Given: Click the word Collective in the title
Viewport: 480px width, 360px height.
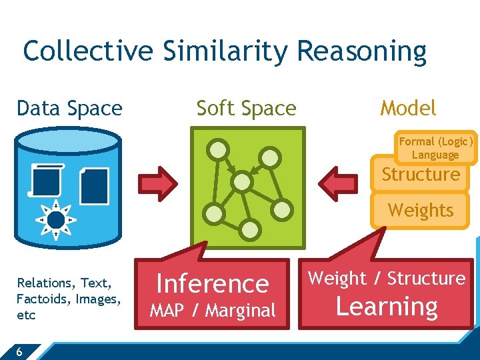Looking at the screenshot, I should tap(89, 51).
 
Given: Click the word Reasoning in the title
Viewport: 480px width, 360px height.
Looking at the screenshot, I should tap(362, 51).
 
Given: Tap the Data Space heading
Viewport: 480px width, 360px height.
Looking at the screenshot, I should tap(69, 108).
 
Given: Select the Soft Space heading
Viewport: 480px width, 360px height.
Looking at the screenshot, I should tap(246, 108).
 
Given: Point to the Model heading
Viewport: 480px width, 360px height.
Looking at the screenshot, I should tap(408, 108).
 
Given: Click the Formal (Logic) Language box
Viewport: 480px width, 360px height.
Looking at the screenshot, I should tap(435, 148).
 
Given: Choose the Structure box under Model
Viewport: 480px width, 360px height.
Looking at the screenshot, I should tap(421, 175).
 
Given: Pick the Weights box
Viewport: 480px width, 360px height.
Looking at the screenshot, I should tap(421, 211).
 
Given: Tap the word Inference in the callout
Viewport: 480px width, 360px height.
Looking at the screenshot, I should tap(213, 284).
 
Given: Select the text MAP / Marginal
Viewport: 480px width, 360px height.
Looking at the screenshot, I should tap(213, 311).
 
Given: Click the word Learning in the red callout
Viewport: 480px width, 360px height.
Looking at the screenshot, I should tap(387, 307).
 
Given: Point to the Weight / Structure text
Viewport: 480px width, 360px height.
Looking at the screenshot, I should tap(387, 279).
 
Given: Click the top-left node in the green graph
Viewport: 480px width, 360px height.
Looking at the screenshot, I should tap(217, 149).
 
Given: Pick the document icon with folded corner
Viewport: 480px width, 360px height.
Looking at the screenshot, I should tap(94, 186).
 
